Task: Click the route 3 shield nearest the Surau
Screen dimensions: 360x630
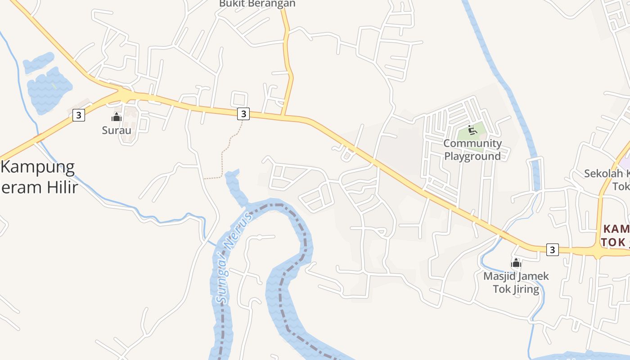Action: tap(78, 115)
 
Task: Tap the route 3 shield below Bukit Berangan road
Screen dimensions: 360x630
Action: tap(243, 113)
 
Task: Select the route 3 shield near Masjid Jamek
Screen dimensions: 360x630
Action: tap(553, 249)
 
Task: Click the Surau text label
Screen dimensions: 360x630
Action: tap(117, 130)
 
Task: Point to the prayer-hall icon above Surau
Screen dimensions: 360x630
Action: tap(117, 117)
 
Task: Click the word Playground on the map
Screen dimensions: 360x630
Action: tap(472, 156)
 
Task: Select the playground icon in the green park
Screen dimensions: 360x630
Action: tap(472, 130)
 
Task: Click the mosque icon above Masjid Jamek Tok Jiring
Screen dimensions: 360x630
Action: tap(516, 263)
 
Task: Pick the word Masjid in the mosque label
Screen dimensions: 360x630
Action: tap(498, 276)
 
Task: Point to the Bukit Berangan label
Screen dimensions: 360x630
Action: tap(257, 4)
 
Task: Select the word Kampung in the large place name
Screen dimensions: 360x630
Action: tap(38, 167)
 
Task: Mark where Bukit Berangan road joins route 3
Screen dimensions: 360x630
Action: tap(282, 116)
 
